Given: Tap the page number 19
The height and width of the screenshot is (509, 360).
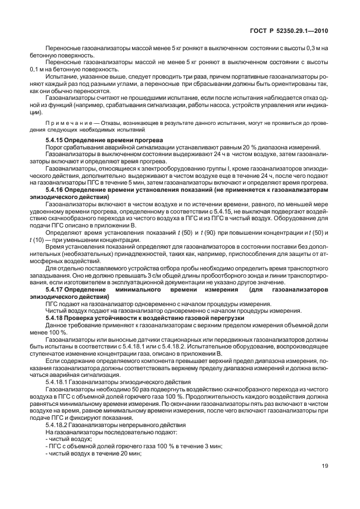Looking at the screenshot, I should click(325, 482).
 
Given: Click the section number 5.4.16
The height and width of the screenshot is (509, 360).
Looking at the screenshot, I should click(56, 190).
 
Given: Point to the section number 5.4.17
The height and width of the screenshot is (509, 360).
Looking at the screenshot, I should click(56, 290).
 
